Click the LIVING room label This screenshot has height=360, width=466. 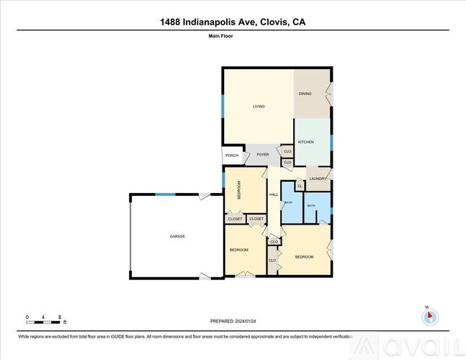259,107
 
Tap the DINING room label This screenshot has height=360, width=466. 306,94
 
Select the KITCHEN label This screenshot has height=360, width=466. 306,142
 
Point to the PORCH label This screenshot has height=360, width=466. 232,156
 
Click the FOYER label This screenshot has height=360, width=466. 263,154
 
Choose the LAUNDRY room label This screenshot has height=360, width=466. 317,179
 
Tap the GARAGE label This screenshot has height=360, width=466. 177,236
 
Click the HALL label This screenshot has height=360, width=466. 274,194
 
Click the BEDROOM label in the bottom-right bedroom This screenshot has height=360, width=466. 303,256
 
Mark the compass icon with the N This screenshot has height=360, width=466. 429,315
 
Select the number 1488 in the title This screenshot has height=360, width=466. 171,22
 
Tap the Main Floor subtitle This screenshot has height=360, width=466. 232,35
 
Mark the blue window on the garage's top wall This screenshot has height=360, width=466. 165,194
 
